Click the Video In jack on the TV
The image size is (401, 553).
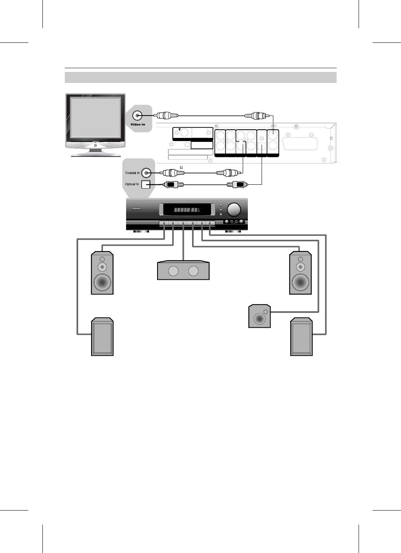(137, 116)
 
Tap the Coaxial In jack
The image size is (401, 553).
(146, 173)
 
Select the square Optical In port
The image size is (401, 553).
(146, 184)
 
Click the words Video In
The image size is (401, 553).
(138, 125)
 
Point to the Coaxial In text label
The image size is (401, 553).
(132, 173)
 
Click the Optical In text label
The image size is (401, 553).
(132, 184)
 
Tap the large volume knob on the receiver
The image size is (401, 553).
(234, 209)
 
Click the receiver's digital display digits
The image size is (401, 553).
(185, 210)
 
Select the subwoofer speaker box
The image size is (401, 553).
(260, 316)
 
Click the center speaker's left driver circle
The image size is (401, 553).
(173, 271)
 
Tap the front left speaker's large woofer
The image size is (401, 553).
(102, 282)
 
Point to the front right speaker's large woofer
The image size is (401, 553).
(300, 282)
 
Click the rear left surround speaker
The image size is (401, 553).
(102, 337)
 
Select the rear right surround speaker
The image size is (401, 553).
(301, 337)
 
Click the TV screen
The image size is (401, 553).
(95, 118)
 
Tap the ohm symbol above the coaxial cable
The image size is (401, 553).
(181, 167)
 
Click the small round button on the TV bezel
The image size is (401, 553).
(95, 145)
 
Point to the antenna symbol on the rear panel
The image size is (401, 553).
(179, 130)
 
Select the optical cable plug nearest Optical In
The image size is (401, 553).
(170, 184)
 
